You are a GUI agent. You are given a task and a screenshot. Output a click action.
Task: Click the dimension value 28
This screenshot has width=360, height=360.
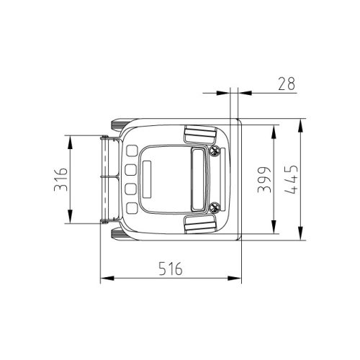pyautogui.click(x=287, y=84)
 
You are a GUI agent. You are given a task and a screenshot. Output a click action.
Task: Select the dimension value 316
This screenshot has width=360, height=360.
pyautogui.click(x=60, y=179)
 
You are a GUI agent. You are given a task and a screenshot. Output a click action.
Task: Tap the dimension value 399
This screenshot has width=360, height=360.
pyautogui.click(x=264, y=180)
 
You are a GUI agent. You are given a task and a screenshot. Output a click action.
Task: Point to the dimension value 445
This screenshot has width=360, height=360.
pyautogui.click(x=292, y=179)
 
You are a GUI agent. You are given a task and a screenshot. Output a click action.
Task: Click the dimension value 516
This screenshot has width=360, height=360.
pyautogui.click(x=171, y=269)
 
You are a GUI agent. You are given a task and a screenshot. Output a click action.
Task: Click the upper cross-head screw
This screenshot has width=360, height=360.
pyautogui.click(x=214, y=151)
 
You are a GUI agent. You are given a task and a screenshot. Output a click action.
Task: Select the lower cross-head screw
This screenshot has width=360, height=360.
pyautogui.click(x=214, y=207)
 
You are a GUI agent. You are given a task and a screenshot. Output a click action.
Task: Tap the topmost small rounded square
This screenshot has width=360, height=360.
pyautogui.click(x=132, y=150)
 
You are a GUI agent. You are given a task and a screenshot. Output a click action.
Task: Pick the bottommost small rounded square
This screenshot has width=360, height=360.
pyautogui.click(x=132, y=208)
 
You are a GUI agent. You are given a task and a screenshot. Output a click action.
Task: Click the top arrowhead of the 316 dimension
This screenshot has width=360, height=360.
pyautogui.click(x=70, y=143)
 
